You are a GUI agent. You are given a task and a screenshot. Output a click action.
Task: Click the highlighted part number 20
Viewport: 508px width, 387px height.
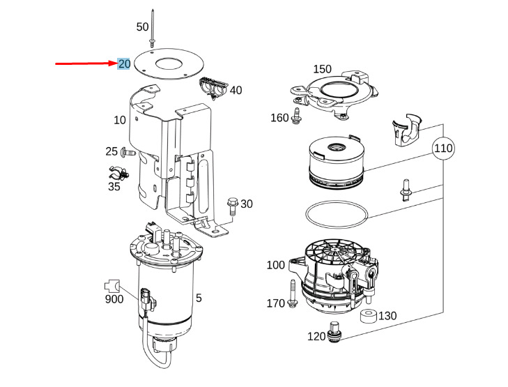[x=124, y=64]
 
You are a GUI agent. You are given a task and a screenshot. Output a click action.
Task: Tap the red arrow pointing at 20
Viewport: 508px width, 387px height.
[x=86, y=63]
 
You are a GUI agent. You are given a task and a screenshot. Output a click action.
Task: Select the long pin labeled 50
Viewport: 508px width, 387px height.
[x=152, y=29]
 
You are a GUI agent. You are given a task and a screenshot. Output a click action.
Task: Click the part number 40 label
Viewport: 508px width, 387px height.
[x=236, y=90]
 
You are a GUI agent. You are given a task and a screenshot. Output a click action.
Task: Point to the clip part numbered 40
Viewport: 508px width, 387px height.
[x=213, y=87]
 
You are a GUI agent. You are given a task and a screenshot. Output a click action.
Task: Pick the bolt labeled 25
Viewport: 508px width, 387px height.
[x=128, y=151]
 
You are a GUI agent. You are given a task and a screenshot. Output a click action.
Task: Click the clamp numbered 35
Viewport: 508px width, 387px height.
[x=118, y=174]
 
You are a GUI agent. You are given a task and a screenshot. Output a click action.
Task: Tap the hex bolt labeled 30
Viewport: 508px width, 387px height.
[x=233, y=206]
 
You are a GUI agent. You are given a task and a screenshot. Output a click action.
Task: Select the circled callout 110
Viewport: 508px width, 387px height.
[x=443, y=149]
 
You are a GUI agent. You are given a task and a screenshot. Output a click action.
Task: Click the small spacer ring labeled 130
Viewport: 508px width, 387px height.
[x=369, y=316]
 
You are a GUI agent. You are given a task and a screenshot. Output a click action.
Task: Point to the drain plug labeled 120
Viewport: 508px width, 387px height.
[x=334, y=332]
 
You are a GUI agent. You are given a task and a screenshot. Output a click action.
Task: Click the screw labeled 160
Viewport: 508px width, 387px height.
[x=295, y=115]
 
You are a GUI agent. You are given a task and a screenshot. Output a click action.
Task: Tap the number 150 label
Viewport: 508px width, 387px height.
[x=323, y=69]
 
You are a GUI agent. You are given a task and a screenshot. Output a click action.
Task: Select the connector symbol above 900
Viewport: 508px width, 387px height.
[x=112, y=286]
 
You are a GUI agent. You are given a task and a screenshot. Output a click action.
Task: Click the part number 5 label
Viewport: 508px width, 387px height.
[x=199, y=298]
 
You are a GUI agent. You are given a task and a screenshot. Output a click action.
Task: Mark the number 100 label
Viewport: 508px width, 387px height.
[x=276, y=265]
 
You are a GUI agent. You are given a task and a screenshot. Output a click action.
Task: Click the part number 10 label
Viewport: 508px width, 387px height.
[x=120, y=120]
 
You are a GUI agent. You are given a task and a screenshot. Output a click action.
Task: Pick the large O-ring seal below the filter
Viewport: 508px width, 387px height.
[x=337, y=215]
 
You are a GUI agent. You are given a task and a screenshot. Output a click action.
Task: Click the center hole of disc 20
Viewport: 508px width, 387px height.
[x=169, y=63]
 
